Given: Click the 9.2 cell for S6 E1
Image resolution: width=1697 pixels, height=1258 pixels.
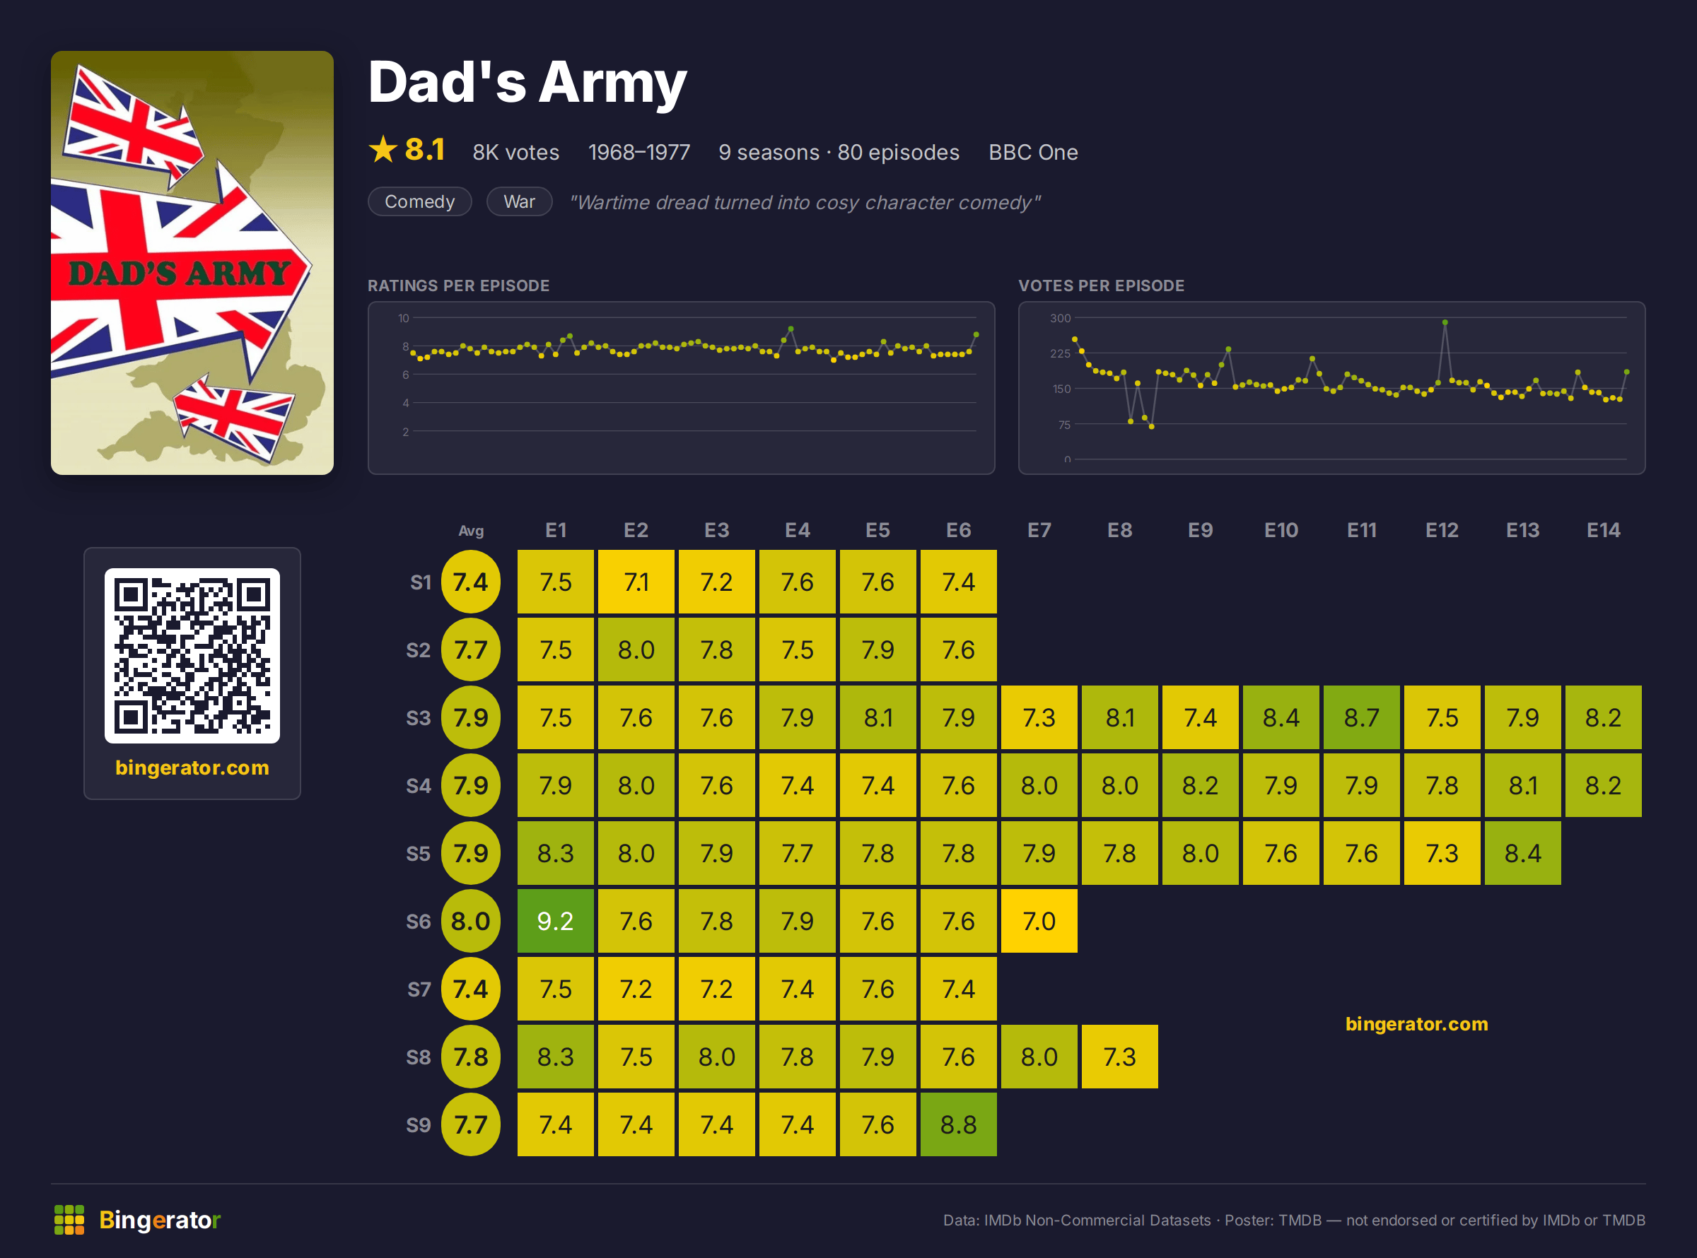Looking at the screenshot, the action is (555, 921).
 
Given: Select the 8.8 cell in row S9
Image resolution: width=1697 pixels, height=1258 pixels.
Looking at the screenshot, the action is (958, 1124).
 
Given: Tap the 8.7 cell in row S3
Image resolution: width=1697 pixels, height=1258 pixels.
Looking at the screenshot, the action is (1361, 717).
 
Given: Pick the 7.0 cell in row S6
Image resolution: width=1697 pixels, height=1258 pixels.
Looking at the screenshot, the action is (1039, 921).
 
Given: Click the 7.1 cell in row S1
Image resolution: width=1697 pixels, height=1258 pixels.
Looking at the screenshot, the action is (636, 582).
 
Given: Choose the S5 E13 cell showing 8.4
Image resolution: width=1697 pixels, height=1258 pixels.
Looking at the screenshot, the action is (1522, 853).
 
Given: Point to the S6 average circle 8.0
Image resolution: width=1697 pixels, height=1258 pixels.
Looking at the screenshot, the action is (471, 921).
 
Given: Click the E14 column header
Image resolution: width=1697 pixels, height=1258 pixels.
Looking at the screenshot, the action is (1604, 530).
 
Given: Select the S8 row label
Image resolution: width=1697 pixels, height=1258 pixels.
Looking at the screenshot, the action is (418, 1057).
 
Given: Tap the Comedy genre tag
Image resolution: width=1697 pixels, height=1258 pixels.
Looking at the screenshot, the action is (420, 202).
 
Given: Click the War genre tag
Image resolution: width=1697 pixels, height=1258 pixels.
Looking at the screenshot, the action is (520, 202).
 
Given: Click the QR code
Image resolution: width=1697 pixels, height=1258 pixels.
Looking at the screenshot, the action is (192, 656).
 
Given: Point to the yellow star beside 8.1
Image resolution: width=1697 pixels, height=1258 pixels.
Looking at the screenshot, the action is (383, 149).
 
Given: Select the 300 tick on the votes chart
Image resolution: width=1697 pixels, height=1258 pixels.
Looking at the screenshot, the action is (1060, 318).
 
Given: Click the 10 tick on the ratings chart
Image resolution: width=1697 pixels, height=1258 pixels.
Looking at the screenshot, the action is (404, 318).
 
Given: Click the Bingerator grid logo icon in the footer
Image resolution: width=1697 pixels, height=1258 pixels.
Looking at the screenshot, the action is (69, 1220).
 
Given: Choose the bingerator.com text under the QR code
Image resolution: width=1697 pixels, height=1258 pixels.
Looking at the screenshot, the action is (192, 768).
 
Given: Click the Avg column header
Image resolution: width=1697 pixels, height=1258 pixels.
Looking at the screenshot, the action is (471, 531).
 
